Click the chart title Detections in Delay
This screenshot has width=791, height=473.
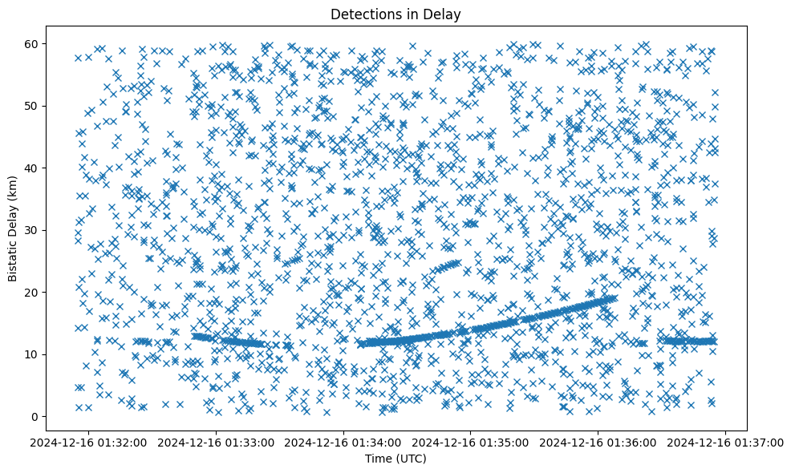[x=395, y=14]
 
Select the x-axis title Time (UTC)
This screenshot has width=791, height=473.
[x=395, y=459]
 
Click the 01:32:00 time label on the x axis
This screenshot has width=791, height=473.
[x=90, y=442]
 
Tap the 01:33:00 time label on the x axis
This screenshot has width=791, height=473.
[x=217, y=442]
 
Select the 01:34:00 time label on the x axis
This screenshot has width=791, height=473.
[x=345, y=442]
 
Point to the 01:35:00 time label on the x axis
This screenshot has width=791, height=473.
[x=472, y=442]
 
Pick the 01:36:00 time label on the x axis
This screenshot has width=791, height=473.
[x=599, y=442]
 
